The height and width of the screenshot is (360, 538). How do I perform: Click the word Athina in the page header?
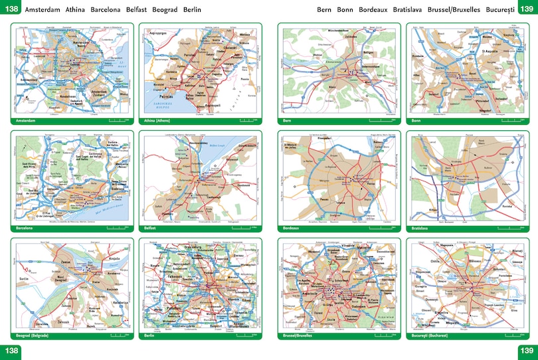click(x=76, y=10)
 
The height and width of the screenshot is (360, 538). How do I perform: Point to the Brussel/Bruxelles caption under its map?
click(x=299, y=336)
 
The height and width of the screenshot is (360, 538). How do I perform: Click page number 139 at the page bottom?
click(x=527, y=351)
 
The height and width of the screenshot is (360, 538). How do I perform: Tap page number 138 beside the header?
click(x=11, y=9)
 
